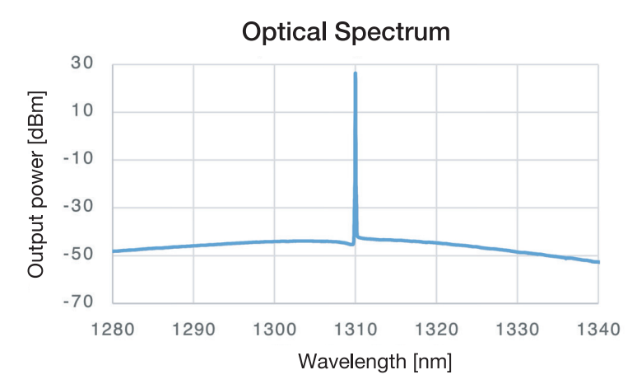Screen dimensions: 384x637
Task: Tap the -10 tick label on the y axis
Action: (80, 160)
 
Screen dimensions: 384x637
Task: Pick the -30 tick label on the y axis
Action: (80, 208)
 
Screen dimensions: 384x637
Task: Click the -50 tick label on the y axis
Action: (80, 255)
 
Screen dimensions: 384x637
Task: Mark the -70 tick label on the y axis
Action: (80, 302)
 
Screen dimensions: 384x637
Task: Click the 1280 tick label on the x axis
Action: (113, 330)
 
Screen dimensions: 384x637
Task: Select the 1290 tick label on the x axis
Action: (193, 330)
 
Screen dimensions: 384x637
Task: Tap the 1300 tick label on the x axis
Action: (274, 330)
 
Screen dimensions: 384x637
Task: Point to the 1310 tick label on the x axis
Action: (355, 330)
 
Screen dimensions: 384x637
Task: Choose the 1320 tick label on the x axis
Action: (436, 330)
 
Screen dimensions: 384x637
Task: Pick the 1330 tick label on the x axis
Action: (517, 330)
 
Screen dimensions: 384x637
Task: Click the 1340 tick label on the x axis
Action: (596, 330)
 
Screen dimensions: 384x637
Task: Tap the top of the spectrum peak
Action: (355, 73)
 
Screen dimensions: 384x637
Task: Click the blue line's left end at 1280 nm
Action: (114, 251)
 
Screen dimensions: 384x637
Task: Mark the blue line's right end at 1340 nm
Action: (598, 262)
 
